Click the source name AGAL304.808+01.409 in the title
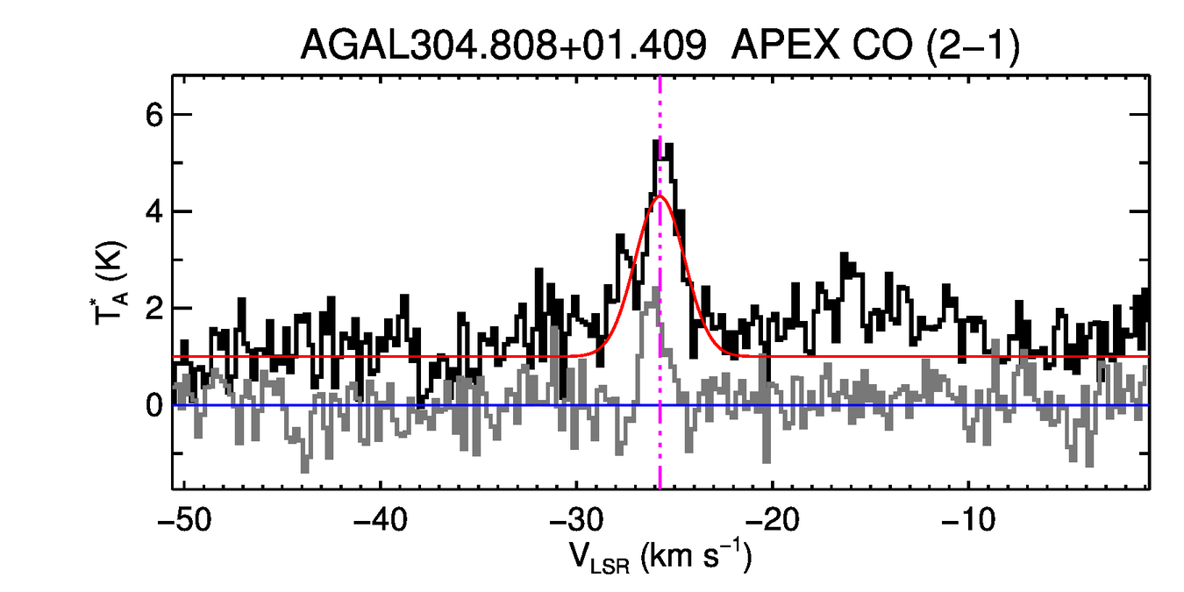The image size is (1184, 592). click(503, 45)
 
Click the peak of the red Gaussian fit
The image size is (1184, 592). click(660, 196)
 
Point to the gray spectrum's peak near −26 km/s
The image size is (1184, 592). click(657, 288)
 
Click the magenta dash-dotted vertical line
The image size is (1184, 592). click(660, 439)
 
